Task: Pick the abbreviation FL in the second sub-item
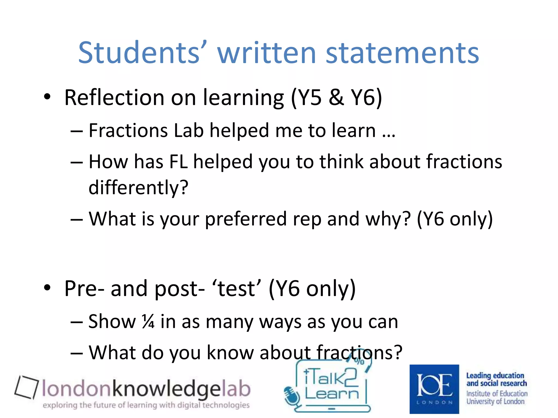click(x=178, y=162)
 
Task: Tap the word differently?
click(x=138, y=188)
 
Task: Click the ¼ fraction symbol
click(x=148, y=322)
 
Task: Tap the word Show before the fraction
click(x=112, y=322)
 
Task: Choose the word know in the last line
click(x=230, y=353)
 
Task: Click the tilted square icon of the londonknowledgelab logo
click(x=26, y=387)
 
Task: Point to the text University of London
click(x=495, y=401)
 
